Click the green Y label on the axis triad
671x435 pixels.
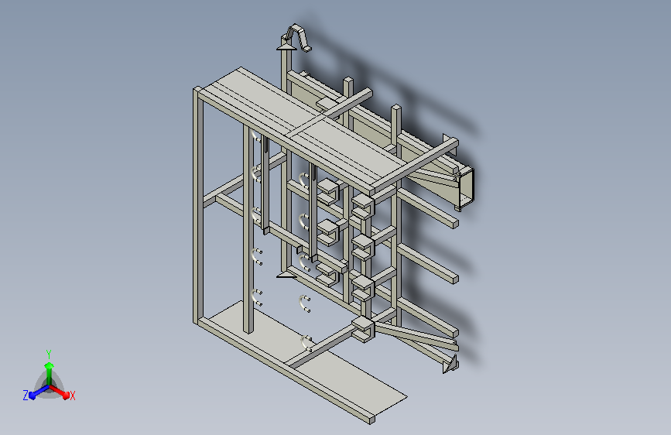click(49, 354)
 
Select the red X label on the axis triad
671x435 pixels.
click(72, 396)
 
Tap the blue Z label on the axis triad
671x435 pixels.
click(26, 396)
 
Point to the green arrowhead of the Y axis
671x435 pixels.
click(50, 365)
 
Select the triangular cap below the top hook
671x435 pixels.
click(286, 46)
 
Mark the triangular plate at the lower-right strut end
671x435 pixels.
click(450, 365)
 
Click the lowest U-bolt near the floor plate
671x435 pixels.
click(306, 342)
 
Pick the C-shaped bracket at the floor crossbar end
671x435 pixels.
click(364, 329)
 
